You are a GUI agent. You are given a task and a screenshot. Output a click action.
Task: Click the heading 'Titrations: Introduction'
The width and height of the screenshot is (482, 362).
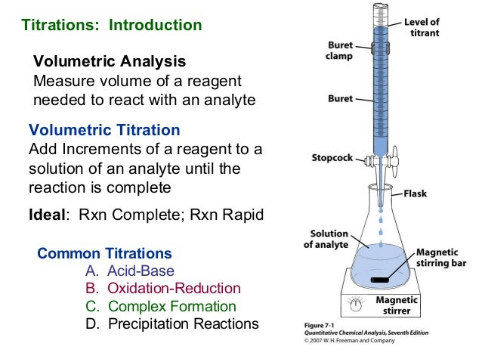point(111,26)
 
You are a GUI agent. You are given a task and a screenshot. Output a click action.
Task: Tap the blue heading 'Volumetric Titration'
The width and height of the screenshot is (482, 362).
point(104,130)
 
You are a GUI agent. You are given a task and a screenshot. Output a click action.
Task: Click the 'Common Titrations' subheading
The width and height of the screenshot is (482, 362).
point(104,253)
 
